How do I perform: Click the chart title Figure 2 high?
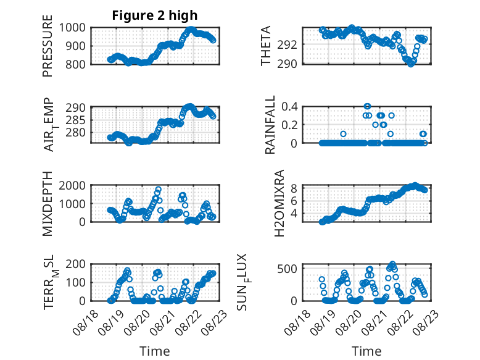[155, 15]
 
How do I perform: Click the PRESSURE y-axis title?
[48, 46]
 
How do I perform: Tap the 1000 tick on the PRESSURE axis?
[72, 28]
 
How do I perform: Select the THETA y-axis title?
[266, 46]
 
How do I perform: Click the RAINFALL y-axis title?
[270, 125]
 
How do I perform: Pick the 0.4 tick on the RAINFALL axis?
[289, 107]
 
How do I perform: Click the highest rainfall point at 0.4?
[367, 106]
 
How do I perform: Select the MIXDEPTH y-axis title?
[48, 203]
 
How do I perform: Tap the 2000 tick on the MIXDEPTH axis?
[72, 185]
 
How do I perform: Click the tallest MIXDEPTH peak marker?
[159, 190]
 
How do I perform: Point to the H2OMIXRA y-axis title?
[279, 203]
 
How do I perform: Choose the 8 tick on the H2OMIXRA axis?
[294, 188]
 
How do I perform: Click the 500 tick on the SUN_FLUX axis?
[287, 269]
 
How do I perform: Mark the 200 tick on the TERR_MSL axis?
[76, 264]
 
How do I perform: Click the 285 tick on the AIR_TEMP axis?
[76, 120]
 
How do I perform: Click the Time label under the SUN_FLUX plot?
[366, 351]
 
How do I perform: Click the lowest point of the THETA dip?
[410, 64]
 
